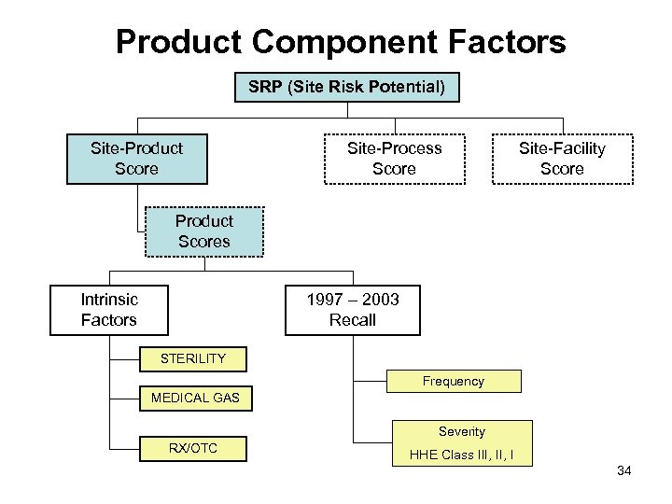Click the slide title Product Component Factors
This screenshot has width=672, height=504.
tap(341, 42)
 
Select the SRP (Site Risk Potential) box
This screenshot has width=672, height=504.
tap(347, 89)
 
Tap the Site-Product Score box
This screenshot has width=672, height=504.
tap(136, 159)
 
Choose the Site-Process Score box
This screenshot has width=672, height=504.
tap(394, 159)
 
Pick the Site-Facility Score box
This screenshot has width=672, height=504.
tap(562, 159)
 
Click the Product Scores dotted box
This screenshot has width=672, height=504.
tap(203, 231)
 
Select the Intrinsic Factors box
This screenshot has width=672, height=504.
tap(109, 310)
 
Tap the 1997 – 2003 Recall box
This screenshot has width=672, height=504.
tap(353, 310)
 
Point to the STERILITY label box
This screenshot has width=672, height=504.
tap(192, 358)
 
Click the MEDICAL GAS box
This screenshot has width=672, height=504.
tap(195, 398)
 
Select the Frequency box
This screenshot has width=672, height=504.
tap(453, 381)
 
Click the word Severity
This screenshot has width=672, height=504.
tap(462, 431)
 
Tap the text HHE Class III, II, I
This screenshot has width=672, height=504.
tap(461, 455)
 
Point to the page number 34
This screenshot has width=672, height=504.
tap(624, 471)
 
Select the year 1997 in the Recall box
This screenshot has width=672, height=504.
tap(326, 300)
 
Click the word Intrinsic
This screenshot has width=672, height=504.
tap(109, 300)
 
